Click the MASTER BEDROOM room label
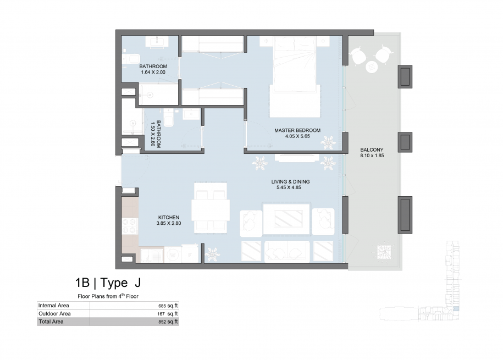pos(297,130)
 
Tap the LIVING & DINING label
pos(290,181)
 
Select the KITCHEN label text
pos(169,217)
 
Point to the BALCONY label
pos(372,149)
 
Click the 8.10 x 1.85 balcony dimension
pos(372,156)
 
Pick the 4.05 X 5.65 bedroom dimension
pos(297,136)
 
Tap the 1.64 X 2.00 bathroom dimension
pos(153,72)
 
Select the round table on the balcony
pos(372,67)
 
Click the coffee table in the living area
pos(287,219)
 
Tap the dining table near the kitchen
pos(211,210)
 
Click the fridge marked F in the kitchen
pos(190,254)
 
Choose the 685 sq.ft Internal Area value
pos(168,306)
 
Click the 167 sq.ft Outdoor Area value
pos(168,314)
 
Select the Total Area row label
pos(51,322)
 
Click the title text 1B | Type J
pos(108,283)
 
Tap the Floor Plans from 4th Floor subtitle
pos(108,296)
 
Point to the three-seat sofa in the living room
pos(287,251)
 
